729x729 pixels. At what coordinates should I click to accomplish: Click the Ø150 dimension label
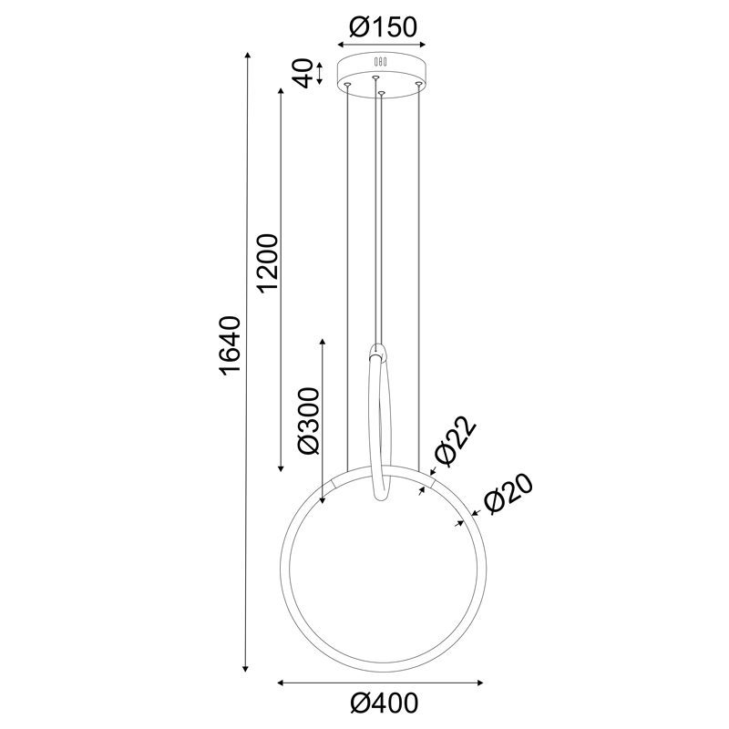click(381, 27)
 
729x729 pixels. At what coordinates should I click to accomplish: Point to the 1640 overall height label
click(229, 346)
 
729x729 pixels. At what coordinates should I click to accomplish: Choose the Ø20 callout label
click(506, 495)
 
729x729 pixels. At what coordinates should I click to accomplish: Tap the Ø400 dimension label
click(381, 703)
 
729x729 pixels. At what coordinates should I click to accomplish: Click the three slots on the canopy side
click(380, 62)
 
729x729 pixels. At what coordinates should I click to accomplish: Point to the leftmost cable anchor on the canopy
click(346, 84)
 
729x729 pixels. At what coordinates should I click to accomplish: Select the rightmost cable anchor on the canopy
click(418, 84)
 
